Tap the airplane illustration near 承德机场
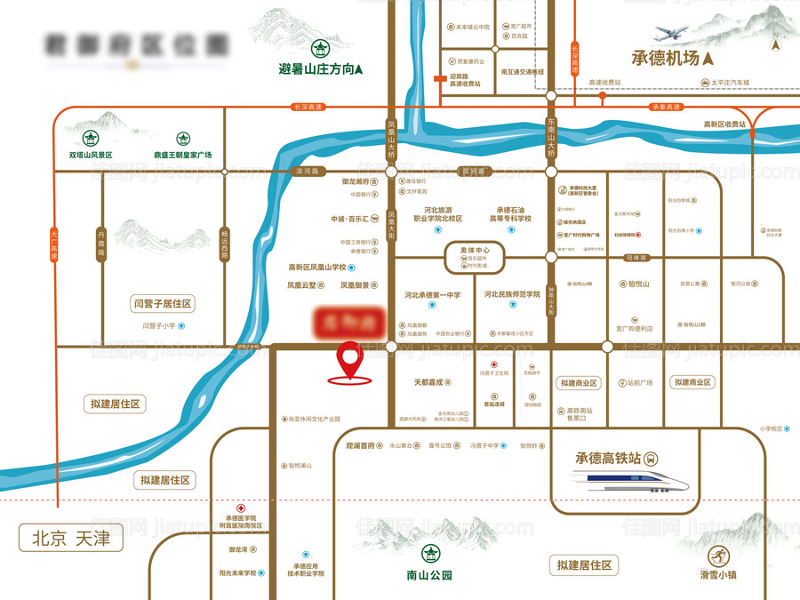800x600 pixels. coord(673,34)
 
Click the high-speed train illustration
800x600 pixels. coord(632,483)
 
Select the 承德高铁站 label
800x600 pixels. coord(608,459)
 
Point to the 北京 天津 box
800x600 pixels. coord(70,538)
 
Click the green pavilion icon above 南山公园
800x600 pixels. coord(429,554)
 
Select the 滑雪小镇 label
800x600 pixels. coord(719,575)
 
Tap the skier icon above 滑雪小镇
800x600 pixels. coord(716,556)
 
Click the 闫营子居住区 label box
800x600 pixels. coord(162,304)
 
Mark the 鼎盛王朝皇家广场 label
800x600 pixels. coord(182,155)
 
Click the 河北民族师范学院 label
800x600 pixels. coord(512,294)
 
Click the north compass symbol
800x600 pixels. coord(776,42)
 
